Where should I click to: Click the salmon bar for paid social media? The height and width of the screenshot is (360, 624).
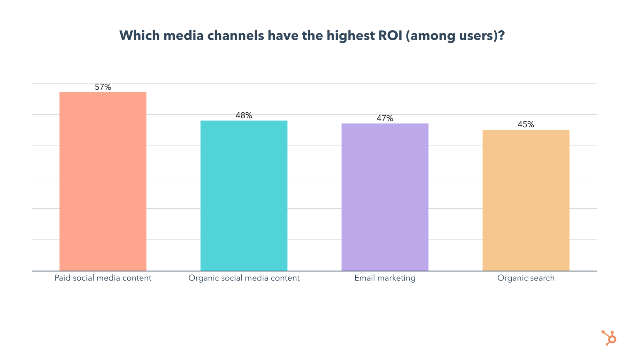coord(103,182)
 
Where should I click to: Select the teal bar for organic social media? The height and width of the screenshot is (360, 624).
coord(244,196)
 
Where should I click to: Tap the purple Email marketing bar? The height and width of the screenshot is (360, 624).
coord(385,197)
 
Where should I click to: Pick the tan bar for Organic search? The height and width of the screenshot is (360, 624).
coord(526,200)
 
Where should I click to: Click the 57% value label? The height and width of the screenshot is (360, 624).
coord(103,87)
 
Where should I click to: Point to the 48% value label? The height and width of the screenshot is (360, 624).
coord(244,116)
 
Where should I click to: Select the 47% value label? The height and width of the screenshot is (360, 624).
coord(385,118)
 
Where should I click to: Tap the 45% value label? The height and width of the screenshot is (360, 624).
coord(526,125)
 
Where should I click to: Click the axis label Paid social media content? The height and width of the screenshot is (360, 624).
coord(103,278)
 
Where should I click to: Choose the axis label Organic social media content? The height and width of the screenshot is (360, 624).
coord(244,278)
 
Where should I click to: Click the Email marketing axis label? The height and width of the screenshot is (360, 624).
coord(385,278)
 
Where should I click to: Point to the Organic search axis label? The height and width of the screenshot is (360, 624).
coord(526,278)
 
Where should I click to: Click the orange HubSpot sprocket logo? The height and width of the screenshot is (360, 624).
coord(609,338)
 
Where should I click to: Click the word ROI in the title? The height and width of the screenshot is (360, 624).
coord(390,36)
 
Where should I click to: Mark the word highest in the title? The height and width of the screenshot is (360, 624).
coord(350,36)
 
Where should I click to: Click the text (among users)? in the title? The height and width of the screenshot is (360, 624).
coord(455,36)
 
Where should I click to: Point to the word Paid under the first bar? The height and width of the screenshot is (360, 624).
coord(62,278)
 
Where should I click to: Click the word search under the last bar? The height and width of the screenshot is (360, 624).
coord(542,278)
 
